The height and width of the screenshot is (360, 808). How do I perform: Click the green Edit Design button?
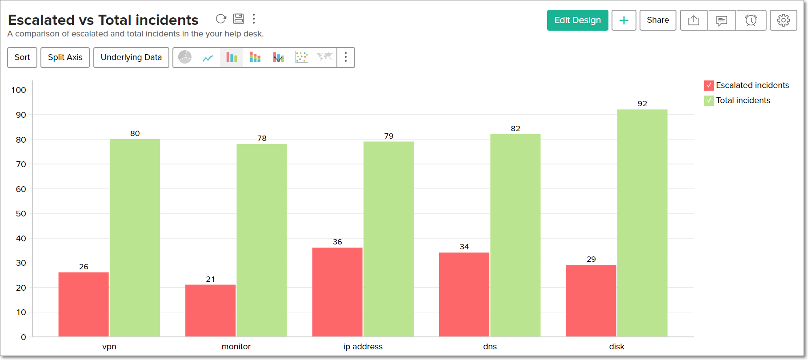point(577,20)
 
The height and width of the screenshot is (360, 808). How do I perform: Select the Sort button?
point(22,57)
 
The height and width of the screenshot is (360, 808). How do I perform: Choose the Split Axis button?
point(65,57)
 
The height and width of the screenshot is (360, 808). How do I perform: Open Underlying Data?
point(131,57)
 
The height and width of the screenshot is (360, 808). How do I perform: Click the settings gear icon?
point(783,20)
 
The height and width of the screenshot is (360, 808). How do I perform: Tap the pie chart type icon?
point(185,57)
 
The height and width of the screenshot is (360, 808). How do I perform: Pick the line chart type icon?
point(208,57)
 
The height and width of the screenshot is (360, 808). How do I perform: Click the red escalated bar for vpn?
point(84,304)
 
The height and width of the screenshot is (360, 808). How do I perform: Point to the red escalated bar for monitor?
point(210,311)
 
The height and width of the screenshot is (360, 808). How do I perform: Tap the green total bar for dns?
point(515,236)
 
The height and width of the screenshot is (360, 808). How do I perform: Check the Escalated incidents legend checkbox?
point(709,85)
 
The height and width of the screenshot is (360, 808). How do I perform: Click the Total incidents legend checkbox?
point(709,100)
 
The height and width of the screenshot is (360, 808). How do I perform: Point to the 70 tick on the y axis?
point(21,164)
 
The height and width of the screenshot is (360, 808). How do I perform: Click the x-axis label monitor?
point(236,347)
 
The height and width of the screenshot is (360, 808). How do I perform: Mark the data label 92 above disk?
point(642,104)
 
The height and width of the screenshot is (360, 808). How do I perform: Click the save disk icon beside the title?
point(239,19)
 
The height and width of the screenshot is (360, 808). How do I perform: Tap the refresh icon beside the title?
point(221,19)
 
